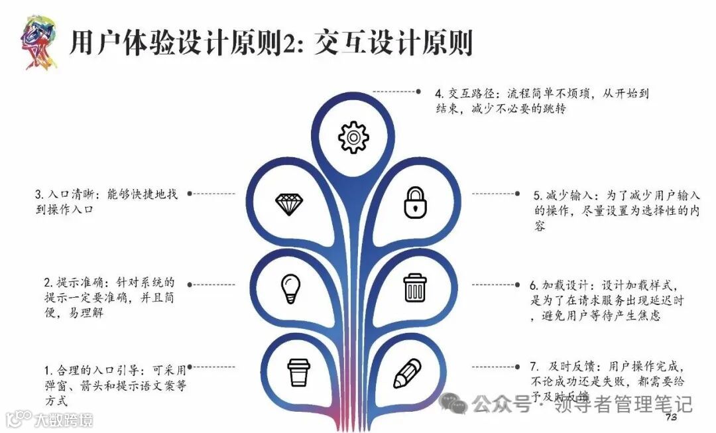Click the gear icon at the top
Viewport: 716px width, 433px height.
353,137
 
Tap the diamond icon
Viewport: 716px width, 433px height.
289,204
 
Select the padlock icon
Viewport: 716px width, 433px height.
414,202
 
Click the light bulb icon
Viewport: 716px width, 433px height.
290,287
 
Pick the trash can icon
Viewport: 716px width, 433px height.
415,287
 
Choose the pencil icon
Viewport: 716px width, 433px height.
407,373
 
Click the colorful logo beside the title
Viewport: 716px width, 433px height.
38,43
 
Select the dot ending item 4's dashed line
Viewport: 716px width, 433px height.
418,91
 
